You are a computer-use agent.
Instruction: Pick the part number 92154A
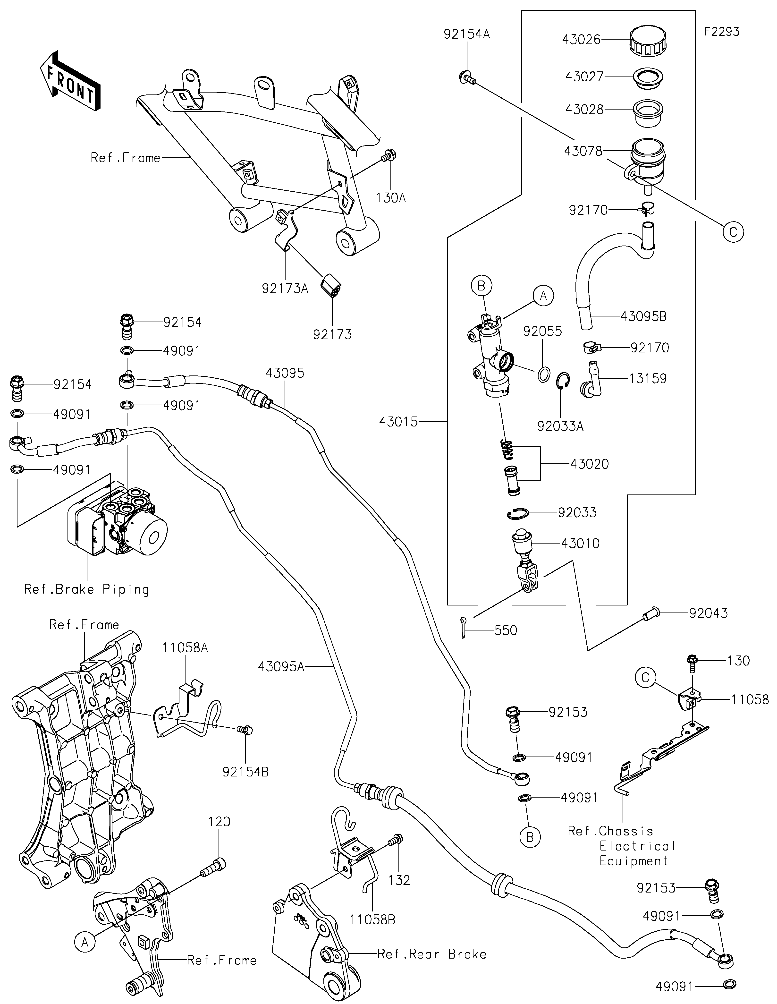[x=466, y=34]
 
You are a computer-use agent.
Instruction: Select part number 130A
[x=391, y=198]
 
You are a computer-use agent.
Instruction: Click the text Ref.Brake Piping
[x=86, y=589]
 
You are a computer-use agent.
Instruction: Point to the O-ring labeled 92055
[x=544, y=374]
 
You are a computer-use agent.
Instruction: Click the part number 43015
[x=399, y=421]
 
